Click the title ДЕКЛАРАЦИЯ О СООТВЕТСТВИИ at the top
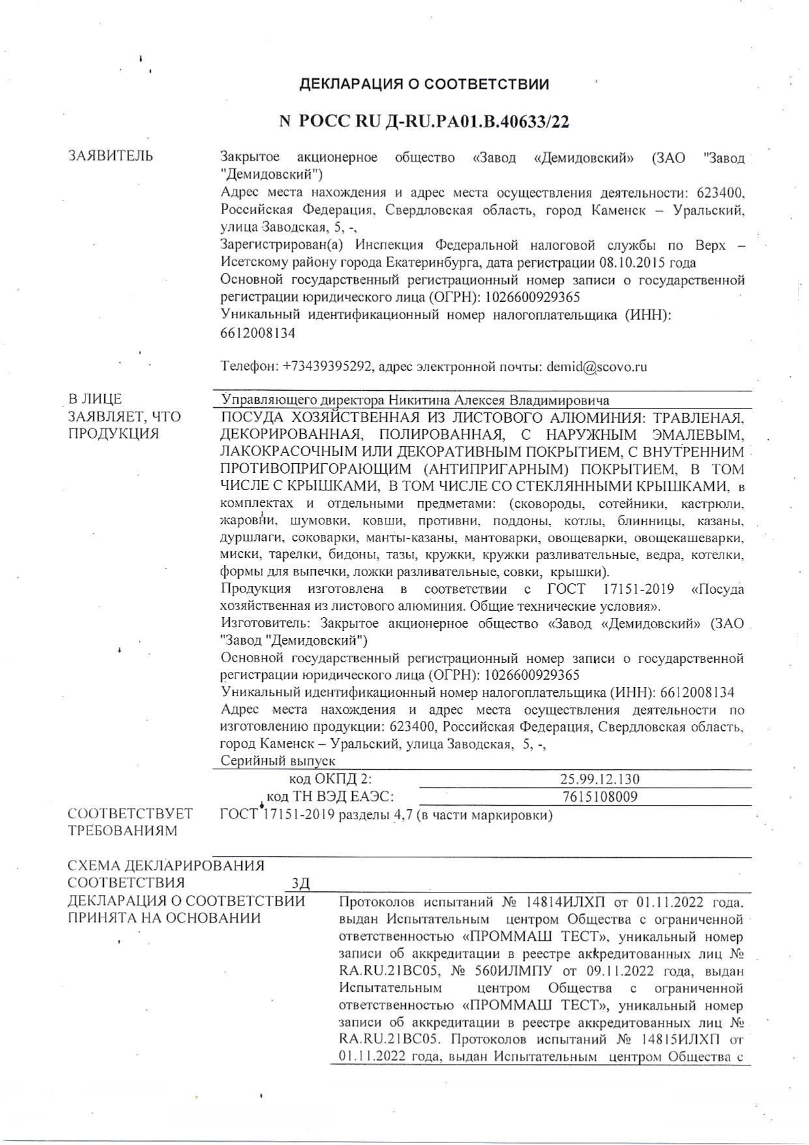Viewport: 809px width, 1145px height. tap(424, 84)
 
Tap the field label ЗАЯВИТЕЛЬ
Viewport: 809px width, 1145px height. tap(111, 156)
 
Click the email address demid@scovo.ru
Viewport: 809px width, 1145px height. tap(597, 367)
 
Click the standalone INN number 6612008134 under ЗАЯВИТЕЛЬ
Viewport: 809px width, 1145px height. tap(258, 333)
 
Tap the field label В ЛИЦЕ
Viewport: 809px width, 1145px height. tap(95, 399)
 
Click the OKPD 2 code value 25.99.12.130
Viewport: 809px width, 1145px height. tap(600, 779)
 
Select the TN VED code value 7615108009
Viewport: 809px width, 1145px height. tap(600, 797)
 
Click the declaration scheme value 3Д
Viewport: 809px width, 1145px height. tap(301, 883)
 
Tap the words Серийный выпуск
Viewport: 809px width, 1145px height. tap(278, 761)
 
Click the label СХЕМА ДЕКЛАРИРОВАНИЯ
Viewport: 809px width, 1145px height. tap(166, 866)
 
